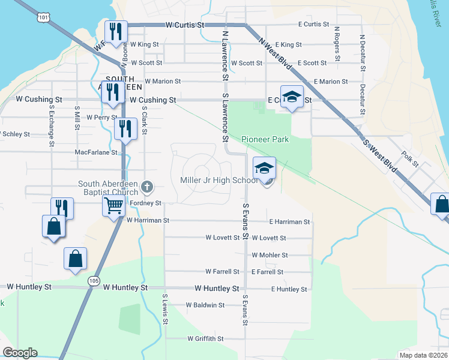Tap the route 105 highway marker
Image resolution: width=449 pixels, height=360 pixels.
pyautogui.click(x=93, y=280)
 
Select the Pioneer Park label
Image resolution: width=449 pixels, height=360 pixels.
pyautogui.click(x=265, y=139)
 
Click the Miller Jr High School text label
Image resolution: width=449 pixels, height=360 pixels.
pyautogui.click(x=219, y=181)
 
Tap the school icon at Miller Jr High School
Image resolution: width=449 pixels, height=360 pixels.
pyautogui.click(x=265, y=169)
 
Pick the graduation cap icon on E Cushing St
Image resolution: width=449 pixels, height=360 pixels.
pyautogui.click(x=292, y=97)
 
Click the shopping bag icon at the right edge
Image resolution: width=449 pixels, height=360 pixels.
pyautogui.click(x=442, y=204)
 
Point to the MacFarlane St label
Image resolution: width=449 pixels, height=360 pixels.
pyautogui.click(x=96, y=152)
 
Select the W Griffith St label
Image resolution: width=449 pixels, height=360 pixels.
pyautogui.click(x=205, y=339)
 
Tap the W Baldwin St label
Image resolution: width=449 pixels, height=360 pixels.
pyautogui.click(x=205, y=305)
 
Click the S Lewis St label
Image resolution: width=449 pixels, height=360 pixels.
pyautogui.click(x=164, y=308)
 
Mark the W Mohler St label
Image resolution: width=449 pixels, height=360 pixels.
pyautogui.click(x=270, y=255)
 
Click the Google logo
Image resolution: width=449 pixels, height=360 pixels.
pyautogui.click(x=20, y=353)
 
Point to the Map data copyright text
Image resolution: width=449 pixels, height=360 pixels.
pyautogui.click(x=423, y=355)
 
